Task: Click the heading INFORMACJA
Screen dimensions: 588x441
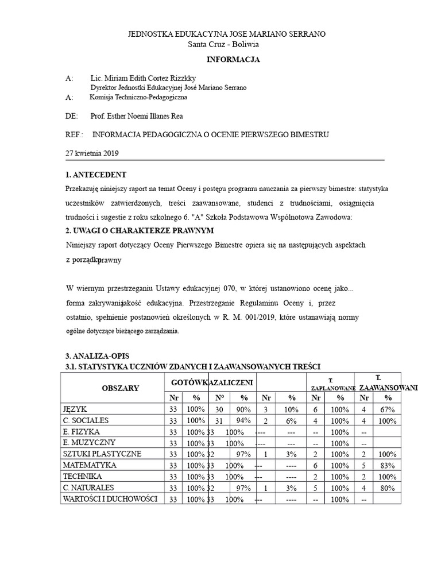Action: [x=233, y=60]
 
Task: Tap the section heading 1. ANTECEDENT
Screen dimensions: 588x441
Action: [x=96, y=175]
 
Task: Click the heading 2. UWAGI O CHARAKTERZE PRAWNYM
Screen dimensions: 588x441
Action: [x=140, y=230]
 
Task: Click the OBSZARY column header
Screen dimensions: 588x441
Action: [x=120, y=388]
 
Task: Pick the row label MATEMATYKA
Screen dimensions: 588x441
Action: [x=90, y=465]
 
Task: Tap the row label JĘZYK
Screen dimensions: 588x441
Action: [x=75, y=409]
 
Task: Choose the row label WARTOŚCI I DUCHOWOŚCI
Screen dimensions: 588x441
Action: [x=110, y=499]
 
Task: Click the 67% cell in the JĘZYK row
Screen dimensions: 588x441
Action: [x=388, y=409]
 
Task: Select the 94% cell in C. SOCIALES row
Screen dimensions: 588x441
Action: [x=243, y=420]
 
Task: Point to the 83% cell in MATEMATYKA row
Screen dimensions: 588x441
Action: [x=388, y=465]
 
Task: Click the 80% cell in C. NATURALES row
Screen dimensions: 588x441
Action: [x=388, y=488]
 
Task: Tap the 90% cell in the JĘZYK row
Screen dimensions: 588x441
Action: [x=243, y=409]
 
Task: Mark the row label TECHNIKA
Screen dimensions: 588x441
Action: [x=83, y=477]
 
